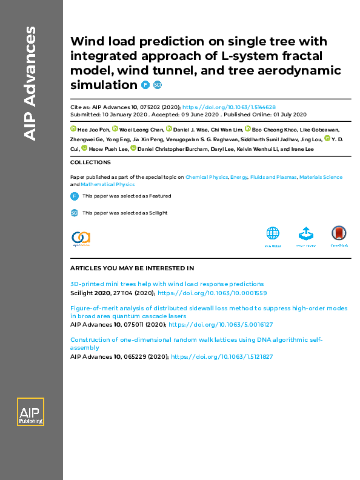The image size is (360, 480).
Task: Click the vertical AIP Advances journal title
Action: [x=30, y=84]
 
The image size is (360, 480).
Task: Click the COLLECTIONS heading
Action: [x=90, y=162]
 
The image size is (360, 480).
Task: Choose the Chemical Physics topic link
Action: [x=206, y=178]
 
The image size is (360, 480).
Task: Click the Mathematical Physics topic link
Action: [x=107, y=184]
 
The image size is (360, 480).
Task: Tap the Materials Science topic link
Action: [x=321, y=178]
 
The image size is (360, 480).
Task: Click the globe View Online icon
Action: [x=273, y=235]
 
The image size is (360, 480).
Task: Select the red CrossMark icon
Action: [x=338, y=235]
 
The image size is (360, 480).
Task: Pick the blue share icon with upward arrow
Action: [x=305, y=235]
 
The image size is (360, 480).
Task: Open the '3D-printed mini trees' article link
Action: [x=167, y=284]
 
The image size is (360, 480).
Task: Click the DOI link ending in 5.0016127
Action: [x=221, y=325]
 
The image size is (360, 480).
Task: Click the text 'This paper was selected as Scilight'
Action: [x=124, y=213]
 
